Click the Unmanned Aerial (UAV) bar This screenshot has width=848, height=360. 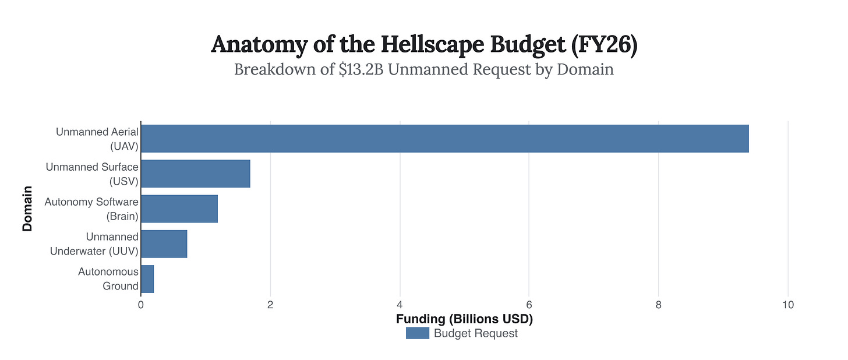(x=444, y=139)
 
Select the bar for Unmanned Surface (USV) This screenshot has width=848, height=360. (x=195, y=174)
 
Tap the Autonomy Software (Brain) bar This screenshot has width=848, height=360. (x=179, y=209)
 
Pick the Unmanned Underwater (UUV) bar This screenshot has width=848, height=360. (x=164, y=243)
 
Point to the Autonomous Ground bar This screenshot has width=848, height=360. (x=147, y=278)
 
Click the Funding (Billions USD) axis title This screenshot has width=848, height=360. (x=464, y=319)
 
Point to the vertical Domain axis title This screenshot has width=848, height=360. (x=27, y=209)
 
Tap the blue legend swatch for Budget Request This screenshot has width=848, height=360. (x=417, y=333)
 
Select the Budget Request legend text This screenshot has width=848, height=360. (x=475, y=333)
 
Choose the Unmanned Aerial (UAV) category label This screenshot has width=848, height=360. (x=97, y=139)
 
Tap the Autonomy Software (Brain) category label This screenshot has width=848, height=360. (x=91, y=209)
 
